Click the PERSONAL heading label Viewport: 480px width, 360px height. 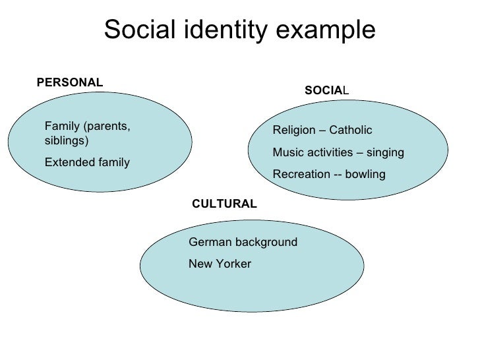[x=69, y=82]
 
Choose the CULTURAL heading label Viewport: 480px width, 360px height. [x=224, y=204]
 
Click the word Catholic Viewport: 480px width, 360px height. [x=351, y=130]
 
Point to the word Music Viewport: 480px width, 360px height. [x=287, y=152]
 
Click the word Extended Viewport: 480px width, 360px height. [x=66, y=162]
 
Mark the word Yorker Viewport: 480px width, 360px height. [x=231, y=264]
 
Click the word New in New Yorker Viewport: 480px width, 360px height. [x=199, y=264]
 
